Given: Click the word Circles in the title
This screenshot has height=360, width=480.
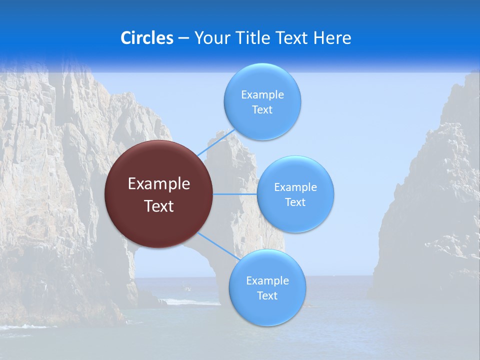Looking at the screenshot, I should (x=146, y=38).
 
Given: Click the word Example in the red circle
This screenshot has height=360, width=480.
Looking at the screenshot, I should (x=159, y=184).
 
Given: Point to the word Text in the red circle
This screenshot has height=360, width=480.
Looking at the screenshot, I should (x=159, y=206).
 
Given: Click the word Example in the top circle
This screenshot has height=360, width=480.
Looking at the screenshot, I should (x=262, y=95).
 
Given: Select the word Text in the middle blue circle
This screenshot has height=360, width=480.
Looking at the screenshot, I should (x=295, y=202).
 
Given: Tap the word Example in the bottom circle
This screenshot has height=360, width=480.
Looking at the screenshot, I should (x=267, y=281).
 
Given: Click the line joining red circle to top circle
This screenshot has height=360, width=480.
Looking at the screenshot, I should (x=216, y=143).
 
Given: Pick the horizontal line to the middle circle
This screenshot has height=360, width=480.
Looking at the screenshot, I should (x=235, y=194).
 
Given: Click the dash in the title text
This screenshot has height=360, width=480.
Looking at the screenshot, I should (x=183, y=38).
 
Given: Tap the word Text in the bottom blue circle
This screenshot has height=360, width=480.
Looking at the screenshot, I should (x=267, y=296).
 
